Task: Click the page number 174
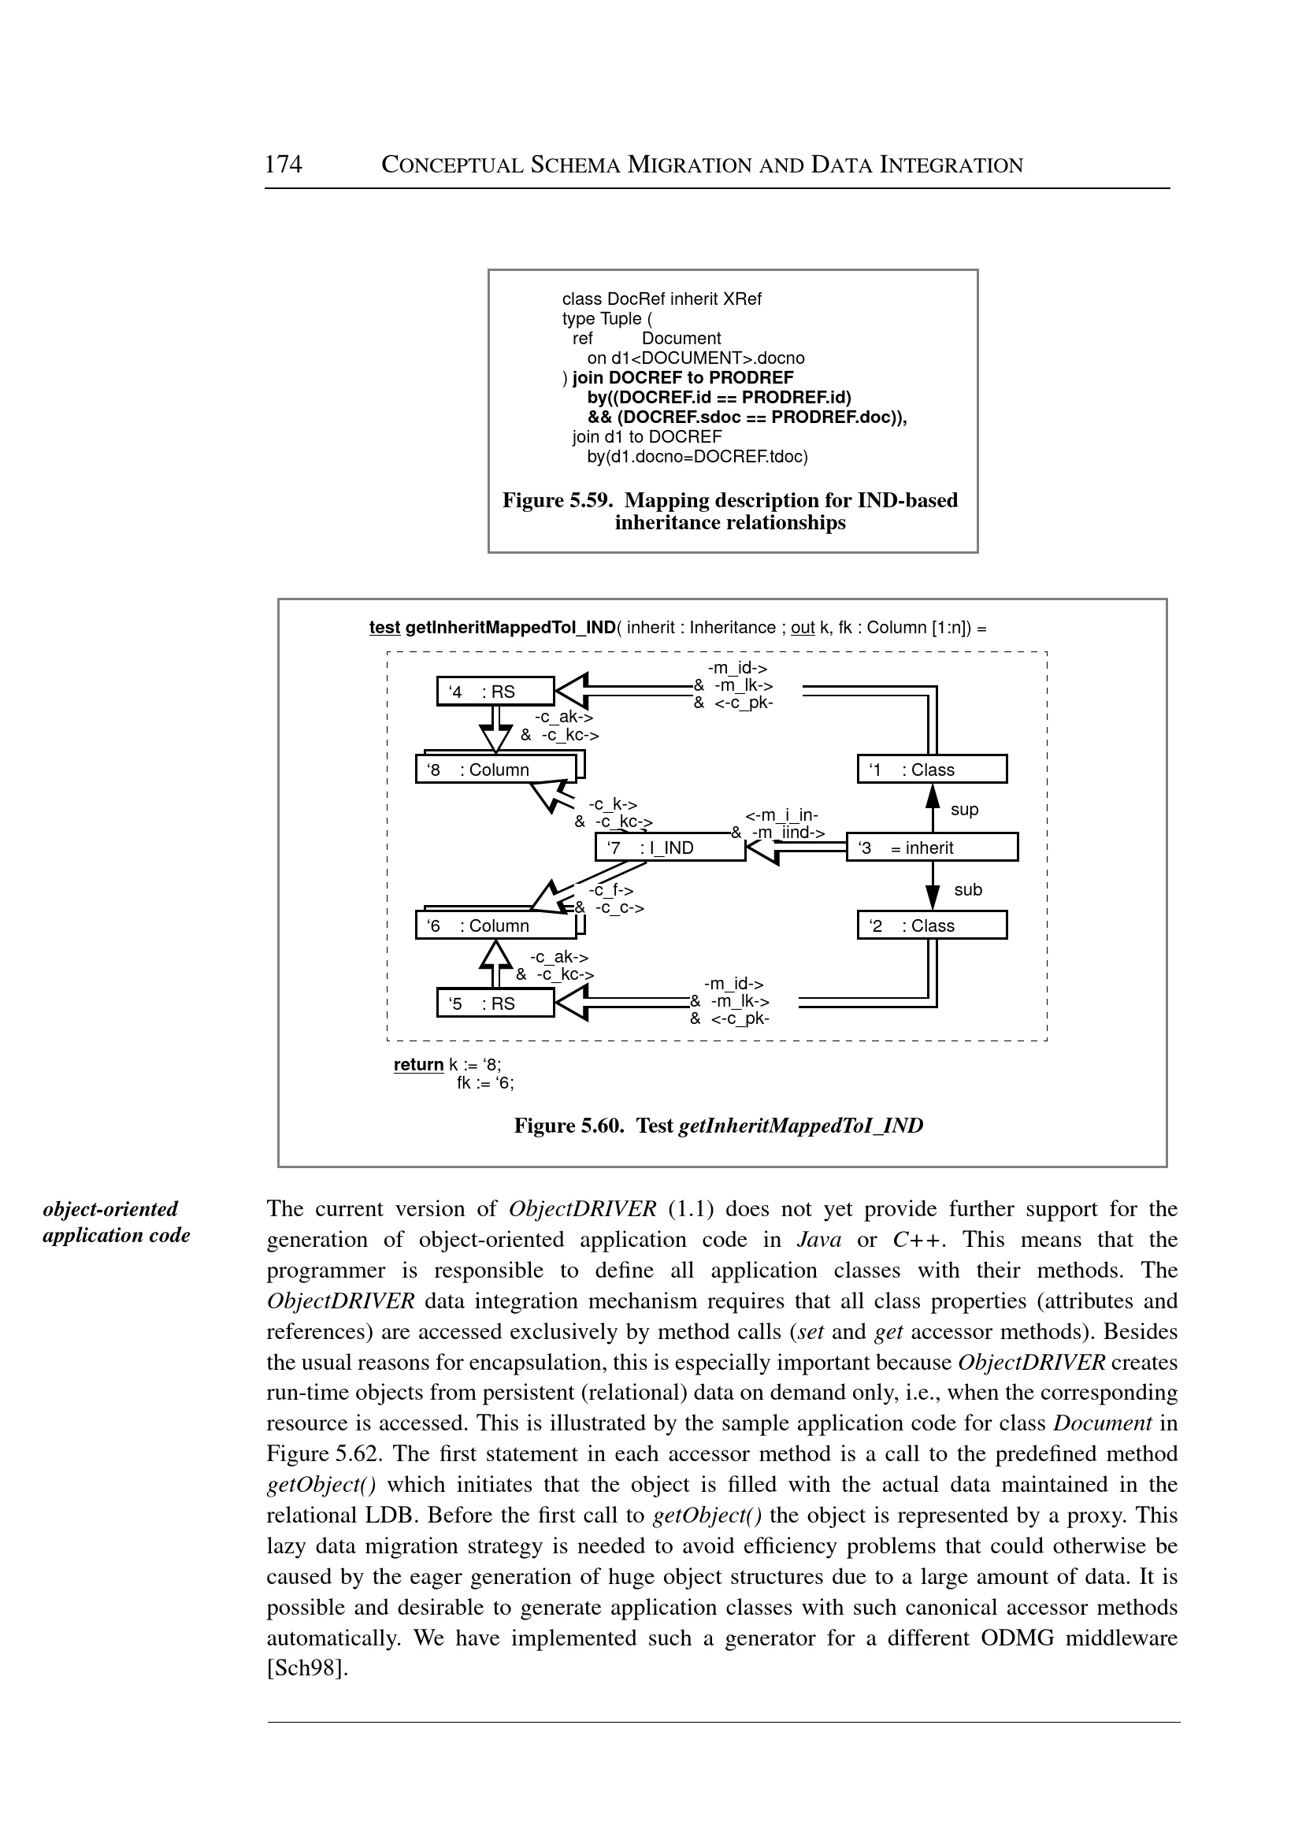283,165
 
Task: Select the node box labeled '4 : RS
495,691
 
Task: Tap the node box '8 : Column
495,770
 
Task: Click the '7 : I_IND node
670,848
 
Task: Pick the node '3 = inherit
932,848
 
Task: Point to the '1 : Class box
932,770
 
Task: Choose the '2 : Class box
932,926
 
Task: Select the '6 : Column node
495,926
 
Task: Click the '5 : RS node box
495,1003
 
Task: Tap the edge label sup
963,810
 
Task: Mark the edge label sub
968,889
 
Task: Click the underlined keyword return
417,1065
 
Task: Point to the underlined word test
384,627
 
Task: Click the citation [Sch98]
307,1668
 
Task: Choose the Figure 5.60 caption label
569,1126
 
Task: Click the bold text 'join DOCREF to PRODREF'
682,377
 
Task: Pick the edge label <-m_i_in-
781,816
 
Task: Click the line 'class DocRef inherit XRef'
662,299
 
